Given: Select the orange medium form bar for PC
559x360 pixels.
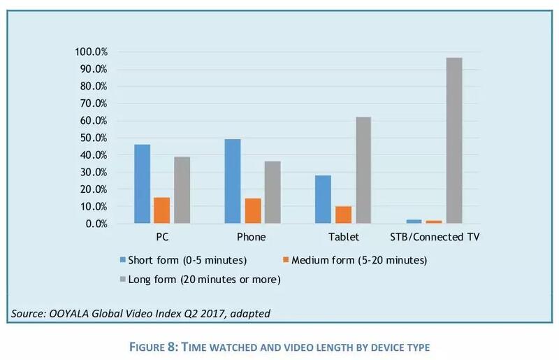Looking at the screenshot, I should tap(161, 210).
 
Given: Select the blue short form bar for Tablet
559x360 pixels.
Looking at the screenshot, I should tap(323, 199).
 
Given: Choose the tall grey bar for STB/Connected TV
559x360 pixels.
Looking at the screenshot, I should tap(453, 141).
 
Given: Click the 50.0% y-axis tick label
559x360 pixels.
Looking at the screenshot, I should tap(93, 138).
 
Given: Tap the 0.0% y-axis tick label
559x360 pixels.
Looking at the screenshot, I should tap(96, 224).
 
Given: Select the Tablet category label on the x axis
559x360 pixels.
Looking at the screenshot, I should tap(342, 238).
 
